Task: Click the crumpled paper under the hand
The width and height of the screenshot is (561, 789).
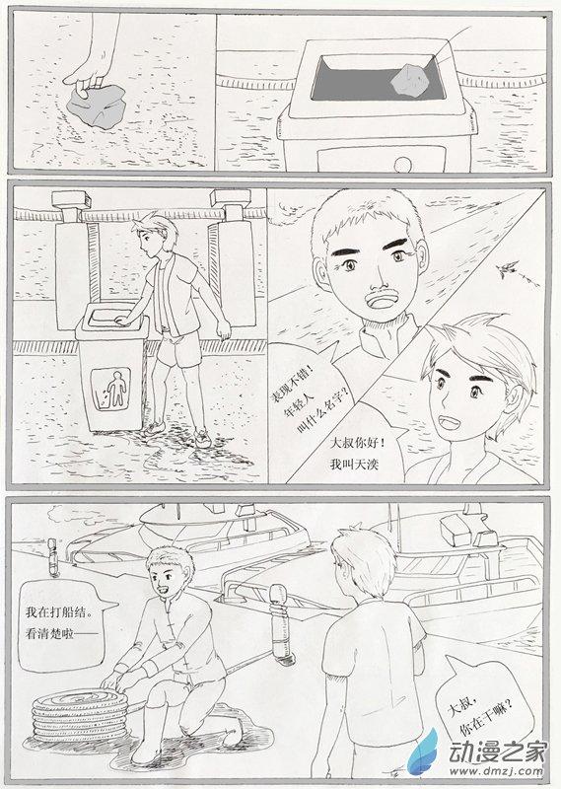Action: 96,105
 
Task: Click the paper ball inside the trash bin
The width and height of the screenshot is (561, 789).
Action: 410,80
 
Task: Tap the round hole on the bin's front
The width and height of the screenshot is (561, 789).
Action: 402,165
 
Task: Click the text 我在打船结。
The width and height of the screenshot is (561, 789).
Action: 59,612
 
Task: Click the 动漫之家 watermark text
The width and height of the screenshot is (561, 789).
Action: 497,753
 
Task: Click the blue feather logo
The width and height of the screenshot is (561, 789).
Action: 423,754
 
